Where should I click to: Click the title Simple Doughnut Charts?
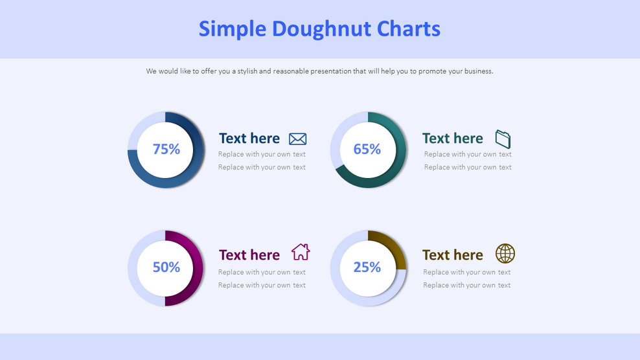point(319,28)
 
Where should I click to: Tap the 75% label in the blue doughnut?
point(166,150)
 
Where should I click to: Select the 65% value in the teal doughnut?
point(367,150)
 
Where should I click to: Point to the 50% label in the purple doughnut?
point(166,267)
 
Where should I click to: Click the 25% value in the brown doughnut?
point(367,267)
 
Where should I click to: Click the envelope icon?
point(298,139)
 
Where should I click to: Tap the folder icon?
point(503,139)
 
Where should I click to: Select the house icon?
point(301,252)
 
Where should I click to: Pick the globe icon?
point(505,253)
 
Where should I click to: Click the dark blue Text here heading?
point(249,139)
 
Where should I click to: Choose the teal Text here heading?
point(452,139)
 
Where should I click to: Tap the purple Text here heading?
point(249,255)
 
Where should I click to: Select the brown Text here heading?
point(452,255)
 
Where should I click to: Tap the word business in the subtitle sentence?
point(477,71)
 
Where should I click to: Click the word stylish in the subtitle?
point(247,71)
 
